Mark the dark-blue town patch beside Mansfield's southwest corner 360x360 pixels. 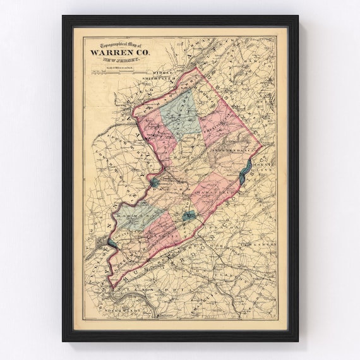pyautogui.click(x=188, y=217)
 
